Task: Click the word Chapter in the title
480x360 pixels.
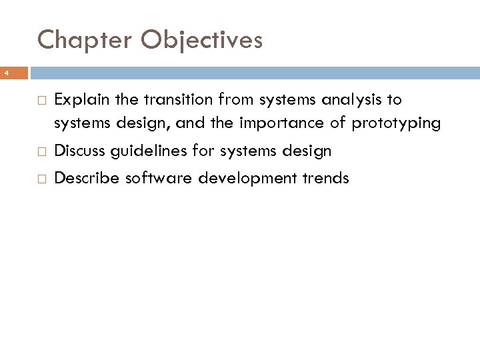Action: click(87, 41)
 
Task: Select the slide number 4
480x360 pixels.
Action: click(4, 71)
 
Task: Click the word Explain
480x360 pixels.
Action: click(79, 101)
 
